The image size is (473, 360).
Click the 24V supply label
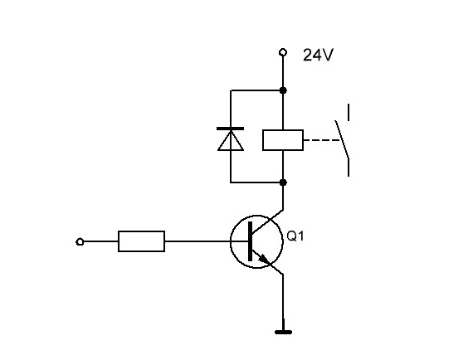318,56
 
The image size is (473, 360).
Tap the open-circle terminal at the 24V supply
283,52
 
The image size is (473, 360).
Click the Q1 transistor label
295,236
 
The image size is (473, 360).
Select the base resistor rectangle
141,241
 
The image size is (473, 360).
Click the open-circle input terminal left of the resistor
80,242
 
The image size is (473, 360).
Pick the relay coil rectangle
283,140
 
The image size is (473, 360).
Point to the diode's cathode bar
231,129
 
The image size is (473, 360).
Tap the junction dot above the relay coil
283,90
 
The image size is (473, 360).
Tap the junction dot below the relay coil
283,182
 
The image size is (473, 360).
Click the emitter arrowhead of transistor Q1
264,259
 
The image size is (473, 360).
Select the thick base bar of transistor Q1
250,241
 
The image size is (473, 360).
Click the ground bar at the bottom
283,333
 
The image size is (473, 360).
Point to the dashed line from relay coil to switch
322,140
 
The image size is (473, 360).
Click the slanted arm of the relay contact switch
342,139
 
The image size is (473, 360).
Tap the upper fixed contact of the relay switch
349,113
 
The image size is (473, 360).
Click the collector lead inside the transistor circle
266,222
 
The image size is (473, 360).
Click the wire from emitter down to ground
283,302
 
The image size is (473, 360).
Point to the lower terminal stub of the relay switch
349,168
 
